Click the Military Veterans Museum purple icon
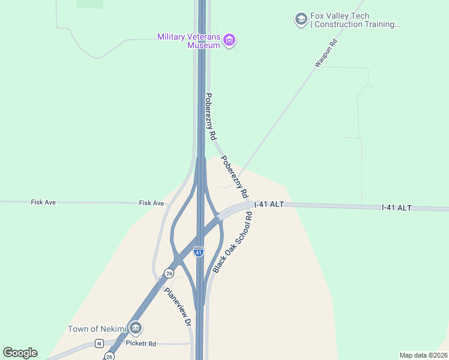click(x=229, y=41)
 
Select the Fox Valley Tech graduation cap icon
click(x=300, y=20)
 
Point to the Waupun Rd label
click(x=326, y=53)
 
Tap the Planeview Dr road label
click(x=178, y=307)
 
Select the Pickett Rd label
click(x=140, y=343)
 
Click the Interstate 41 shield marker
click(x=199, y=252)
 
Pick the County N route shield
click(x=99, y=343)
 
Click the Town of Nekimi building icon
click(x=136, y=328)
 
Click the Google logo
click(x=20, y=353)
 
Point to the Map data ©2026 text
click(x=423, y=355)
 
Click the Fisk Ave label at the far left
click(x=43, y=203)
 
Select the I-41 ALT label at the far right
click(x=397, y=208)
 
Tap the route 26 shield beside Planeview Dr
click(x=169, y=274)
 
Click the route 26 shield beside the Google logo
click(x=109, y=356)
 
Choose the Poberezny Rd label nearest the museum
click(x=210, y=116)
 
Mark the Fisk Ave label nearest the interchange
click(x=151, y=203)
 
